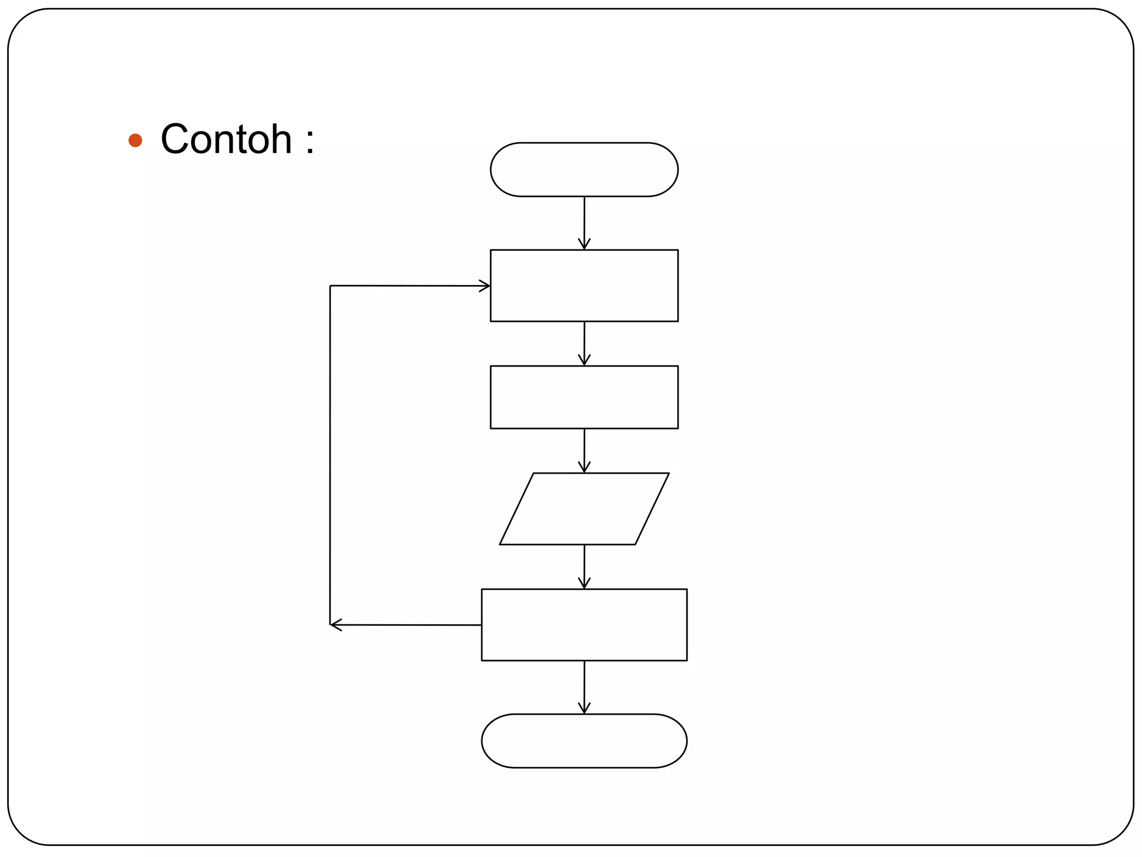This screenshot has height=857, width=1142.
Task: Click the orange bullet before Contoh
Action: click(x=135, y=140)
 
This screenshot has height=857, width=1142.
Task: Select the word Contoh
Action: click(x=226, y=139)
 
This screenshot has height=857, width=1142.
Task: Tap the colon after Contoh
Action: click(x=309, y=140)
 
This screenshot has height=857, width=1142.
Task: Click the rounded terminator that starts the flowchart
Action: click(x=584, y=170)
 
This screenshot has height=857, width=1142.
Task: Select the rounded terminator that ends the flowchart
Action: click(x=584, y=740)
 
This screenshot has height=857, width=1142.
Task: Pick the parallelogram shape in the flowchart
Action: click(x=584, y=509)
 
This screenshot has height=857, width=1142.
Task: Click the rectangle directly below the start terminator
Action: click(x=584, y=286)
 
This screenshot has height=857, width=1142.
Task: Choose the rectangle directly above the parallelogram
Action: click(x=584, y=397)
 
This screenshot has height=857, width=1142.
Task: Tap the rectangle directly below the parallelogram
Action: click(x=584, y=625)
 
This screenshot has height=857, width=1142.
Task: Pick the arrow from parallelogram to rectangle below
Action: click(x=584, y=566)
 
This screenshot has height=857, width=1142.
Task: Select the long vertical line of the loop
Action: click(x=330, y=455)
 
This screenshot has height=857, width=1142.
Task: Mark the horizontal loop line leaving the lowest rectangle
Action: click(x=410, y=625)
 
